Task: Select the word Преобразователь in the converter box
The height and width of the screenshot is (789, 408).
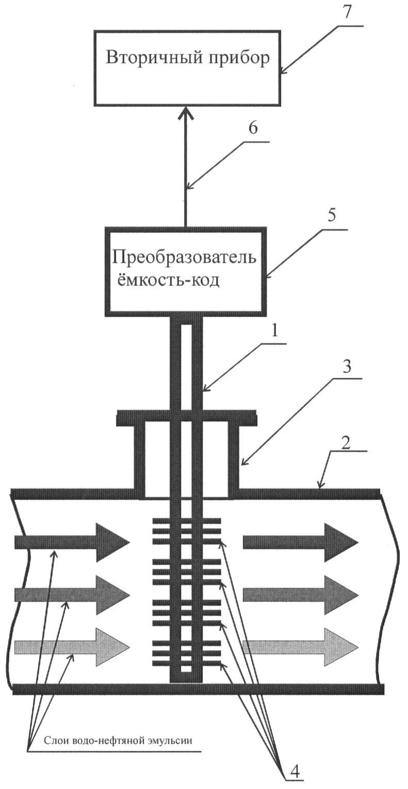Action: pyautogui.click(x=184, y=258)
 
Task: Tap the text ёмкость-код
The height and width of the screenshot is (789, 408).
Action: pyautogui.click(x=168, y=281)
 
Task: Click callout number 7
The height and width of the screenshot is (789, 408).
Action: pyautogui.click(x=347, y=13)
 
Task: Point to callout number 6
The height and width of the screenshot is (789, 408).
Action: pyautogui.click(x=253, y=128)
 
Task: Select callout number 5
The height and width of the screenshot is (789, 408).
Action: pyautogui.click(x=331, y=216)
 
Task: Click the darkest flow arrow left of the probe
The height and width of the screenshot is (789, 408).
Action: pyautogui.click(x=72, y=542)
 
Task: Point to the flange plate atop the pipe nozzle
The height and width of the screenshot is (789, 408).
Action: pyautogui.click(x=187, y=418)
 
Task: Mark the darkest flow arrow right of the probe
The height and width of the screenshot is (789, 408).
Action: pyautogui.click(x=301, y=542)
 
